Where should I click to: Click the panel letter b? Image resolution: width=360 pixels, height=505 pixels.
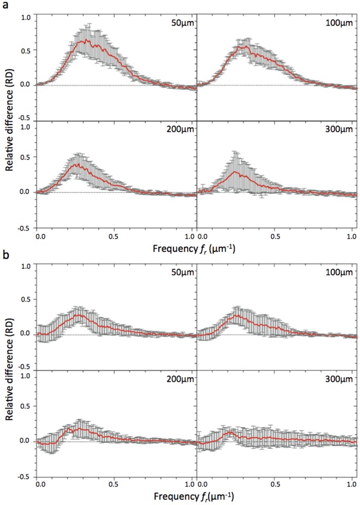[x=5, y=255]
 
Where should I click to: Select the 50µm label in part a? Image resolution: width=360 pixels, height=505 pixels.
[x=182, y=23]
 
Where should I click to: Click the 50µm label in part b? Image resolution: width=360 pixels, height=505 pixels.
[x=182, y=274]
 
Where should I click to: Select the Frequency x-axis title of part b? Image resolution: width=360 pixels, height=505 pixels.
[x=194, y=497]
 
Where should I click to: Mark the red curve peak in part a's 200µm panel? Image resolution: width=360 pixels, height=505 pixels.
[x=77, y=164]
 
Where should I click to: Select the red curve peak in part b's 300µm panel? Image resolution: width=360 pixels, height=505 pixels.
[x=229, y=432]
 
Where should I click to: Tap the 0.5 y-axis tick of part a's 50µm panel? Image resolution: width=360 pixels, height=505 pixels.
[x=25, y=50]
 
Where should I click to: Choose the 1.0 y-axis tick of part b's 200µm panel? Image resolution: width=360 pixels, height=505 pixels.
[x=25, y=377]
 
